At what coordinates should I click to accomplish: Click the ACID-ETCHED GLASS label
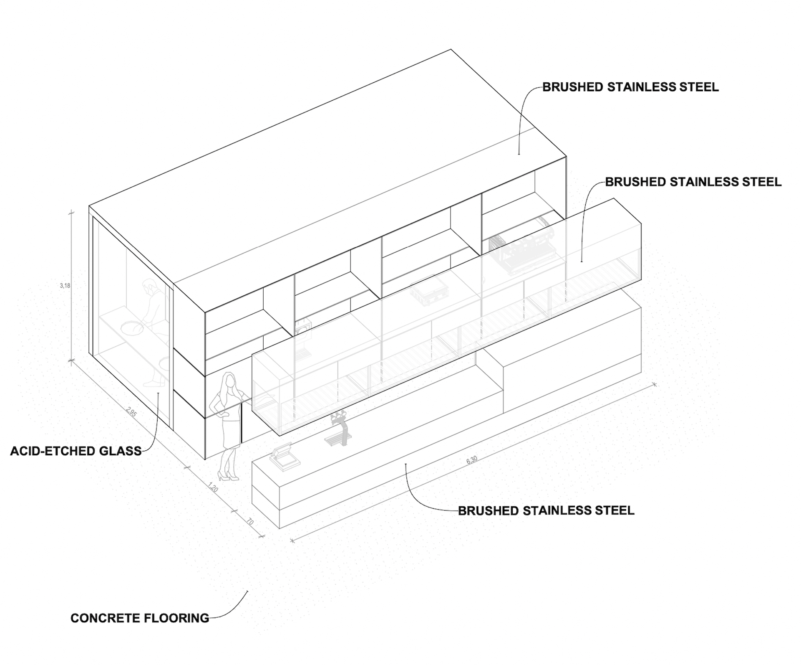tap(76, 451)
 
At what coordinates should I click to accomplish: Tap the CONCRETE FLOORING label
tap(140, 618)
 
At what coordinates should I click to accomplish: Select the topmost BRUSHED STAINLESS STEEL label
tap(630, 87)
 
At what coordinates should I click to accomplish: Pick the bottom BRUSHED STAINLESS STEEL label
tap(546, 510)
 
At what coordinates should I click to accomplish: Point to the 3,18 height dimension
tap(65, 286)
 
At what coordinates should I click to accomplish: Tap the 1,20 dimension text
tap(213, 487)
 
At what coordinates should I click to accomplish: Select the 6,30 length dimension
tap(471, 460)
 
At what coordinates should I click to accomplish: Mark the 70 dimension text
tap(250, 522)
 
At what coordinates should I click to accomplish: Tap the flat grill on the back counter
tap(426, 293)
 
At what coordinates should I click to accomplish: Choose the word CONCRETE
tap(98, 618)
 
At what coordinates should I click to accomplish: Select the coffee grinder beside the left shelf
tap(303, 336)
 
